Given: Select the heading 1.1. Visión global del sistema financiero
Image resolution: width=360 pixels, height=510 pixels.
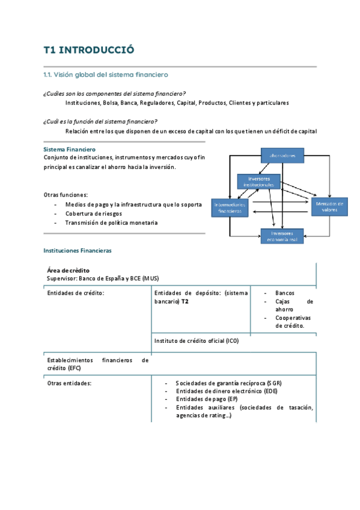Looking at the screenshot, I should [x=106, y=75].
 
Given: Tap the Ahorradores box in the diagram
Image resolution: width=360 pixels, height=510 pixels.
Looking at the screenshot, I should [x=282, y=156].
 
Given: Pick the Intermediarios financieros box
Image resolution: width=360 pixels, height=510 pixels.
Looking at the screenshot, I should [x=230, y=207].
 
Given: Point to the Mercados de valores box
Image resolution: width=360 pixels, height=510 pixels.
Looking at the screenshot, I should [x=329, y=206].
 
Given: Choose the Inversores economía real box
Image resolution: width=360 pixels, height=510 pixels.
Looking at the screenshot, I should [x=282, y=236].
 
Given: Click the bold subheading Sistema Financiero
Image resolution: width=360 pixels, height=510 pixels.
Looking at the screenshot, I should [x=69, y=149].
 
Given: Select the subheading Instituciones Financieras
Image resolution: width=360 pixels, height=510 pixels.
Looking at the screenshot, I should [x=78, y=250].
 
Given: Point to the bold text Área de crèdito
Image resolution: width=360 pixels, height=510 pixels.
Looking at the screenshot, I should [x=69, y=271].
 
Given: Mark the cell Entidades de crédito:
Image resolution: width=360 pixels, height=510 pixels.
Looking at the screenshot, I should [x=76, y=293].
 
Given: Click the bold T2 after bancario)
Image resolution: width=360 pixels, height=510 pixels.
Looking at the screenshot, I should [x=185, y=301].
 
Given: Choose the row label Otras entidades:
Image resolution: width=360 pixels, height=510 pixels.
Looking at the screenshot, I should [x=69, y=382].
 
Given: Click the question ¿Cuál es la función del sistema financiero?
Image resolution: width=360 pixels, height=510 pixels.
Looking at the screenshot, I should [x=100, y=121].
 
